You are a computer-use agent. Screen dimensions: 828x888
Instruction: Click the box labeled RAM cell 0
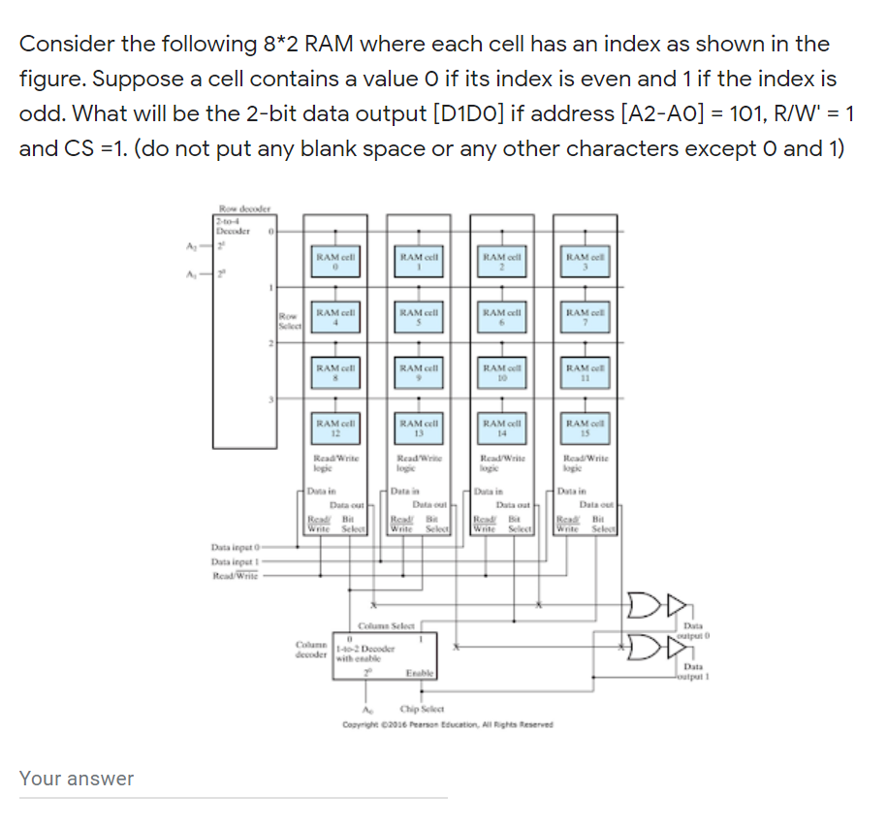point(333,261)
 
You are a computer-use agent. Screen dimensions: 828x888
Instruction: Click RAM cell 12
point(333,428)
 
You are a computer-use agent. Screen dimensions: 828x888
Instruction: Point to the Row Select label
point(288,320)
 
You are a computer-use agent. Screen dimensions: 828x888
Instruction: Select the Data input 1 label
point(236,560)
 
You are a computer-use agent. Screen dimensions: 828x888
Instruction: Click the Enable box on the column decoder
point(419,672)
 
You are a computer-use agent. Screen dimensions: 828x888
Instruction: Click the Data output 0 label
point(695,633)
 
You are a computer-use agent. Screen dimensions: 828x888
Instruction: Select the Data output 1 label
point(695,671)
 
